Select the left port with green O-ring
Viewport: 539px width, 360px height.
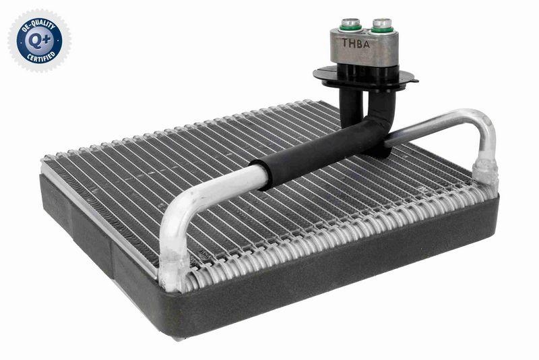(x=350, y=26)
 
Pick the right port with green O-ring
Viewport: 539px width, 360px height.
(x=381, y=26)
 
